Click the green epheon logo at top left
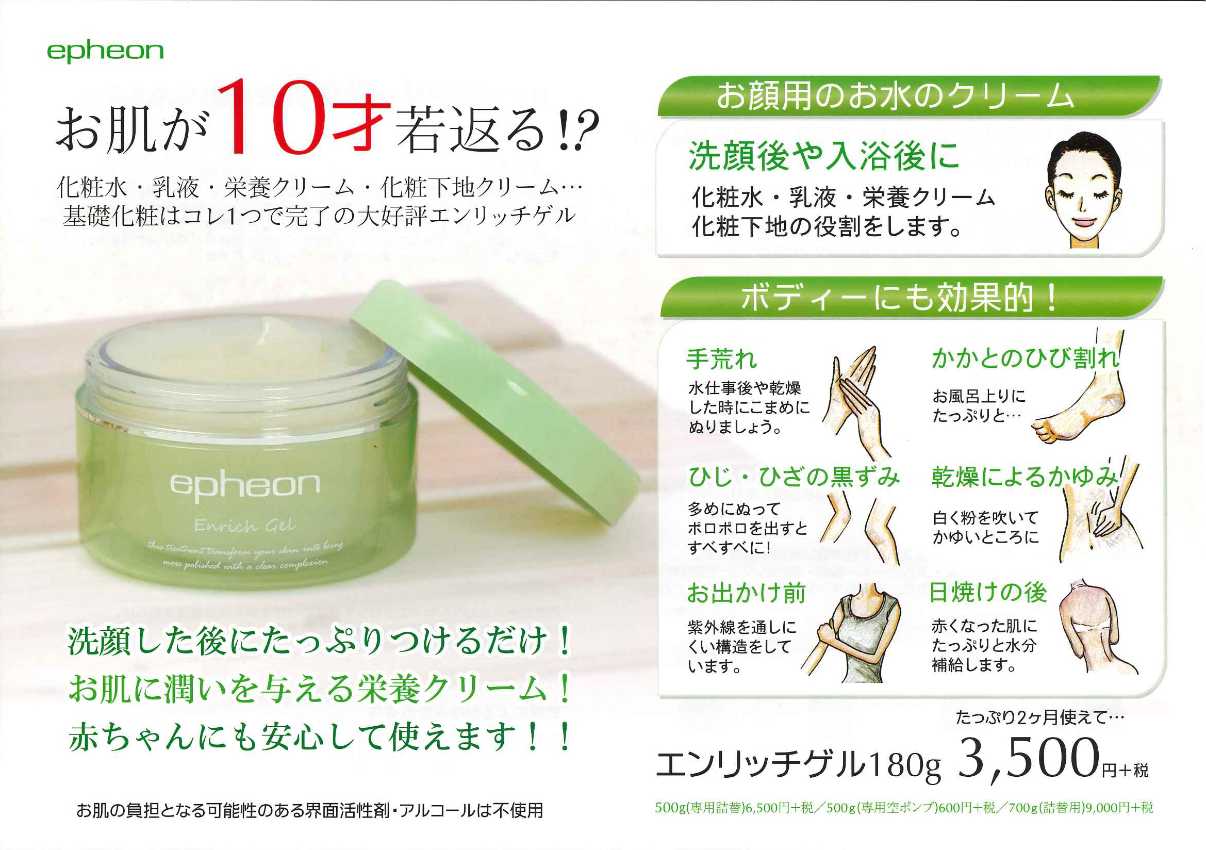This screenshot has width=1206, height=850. tap(105, 52)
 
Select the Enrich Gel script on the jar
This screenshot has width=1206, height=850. tap(245, 525)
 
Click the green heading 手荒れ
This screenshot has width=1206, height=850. tap(721, 359)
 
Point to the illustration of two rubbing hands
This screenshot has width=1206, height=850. tap(856, 399)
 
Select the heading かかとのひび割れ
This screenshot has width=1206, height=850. tap(1026, 358)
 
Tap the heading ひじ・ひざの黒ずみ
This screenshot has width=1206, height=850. tap(794, 477)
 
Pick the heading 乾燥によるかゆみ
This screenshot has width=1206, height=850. tap(1025, 477)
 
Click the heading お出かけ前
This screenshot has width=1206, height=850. tap(747, 594)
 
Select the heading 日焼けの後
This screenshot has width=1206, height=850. tap(988, 592)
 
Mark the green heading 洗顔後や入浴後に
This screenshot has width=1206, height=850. tap(823, 157)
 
